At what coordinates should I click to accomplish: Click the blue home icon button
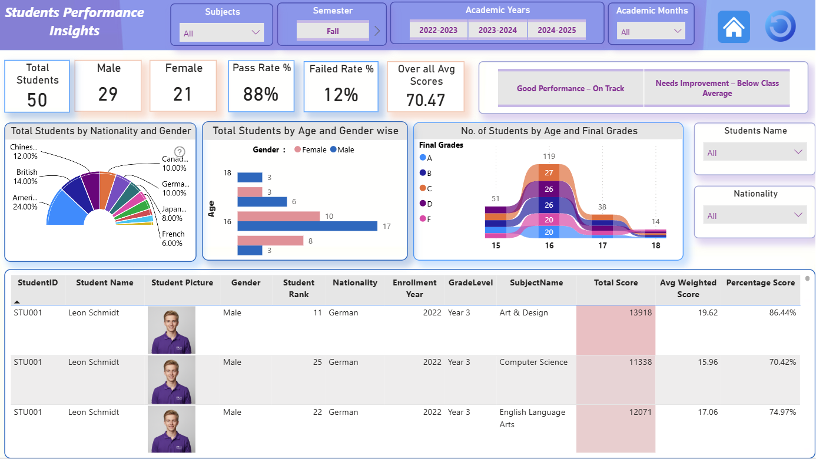point(734,27)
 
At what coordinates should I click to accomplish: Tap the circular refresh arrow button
point(780,26)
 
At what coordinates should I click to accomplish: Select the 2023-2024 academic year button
point(497,30)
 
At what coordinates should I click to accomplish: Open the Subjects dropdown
point(221,33)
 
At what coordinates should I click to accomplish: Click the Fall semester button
point(333,31)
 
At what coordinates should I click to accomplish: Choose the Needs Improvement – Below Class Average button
point(717,88)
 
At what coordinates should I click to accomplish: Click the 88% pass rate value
point(261,94)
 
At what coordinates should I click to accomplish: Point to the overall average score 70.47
point(426,100)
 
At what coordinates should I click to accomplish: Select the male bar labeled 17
point(307,226)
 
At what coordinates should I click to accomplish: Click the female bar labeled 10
point(278,216)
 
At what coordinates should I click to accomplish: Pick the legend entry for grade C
point(426,188)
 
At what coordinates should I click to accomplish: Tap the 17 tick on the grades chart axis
point(602,246)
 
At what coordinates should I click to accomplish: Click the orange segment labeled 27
point(549,172)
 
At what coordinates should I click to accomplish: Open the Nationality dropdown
point(754,215)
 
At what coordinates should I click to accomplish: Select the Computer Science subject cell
point(533,362)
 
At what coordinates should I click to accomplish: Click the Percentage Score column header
point(760,283)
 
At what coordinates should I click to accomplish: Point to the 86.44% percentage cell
point(782,312)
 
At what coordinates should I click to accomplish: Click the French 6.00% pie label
point(173,238)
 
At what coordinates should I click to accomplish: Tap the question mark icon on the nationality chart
point(180,151)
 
